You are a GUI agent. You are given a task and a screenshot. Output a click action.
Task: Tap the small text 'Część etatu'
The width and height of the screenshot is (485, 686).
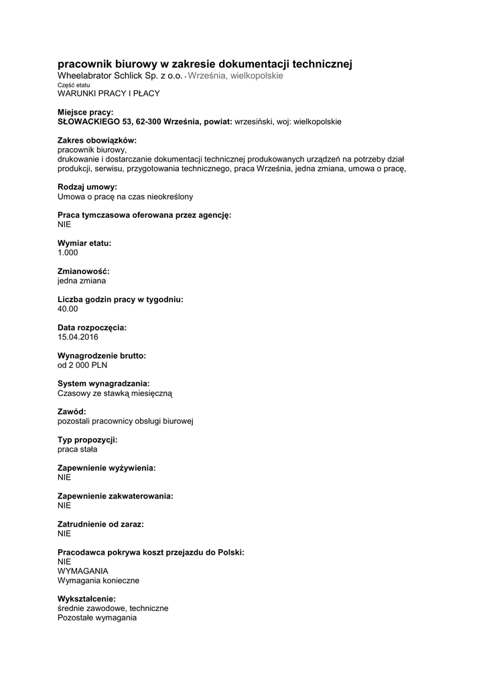point(74,85)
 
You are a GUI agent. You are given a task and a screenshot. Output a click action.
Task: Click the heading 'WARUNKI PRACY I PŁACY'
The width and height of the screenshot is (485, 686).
point(109,94)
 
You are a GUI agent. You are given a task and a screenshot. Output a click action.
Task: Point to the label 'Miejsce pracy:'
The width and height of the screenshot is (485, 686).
point(85,113)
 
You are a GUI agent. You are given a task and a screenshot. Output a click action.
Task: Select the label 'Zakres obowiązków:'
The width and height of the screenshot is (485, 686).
point(97,141)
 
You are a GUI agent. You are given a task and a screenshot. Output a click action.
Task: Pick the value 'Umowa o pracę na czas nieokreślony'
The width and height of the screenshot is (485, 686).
point(125,197)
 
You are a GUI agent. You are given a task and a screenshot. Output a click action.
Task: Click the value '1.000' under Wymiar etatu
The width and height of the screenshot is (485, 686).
point(68,253)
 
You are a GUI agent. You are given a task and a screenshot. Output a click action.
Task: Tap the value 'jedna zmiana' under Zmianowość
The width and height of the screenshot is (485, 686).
point(82,281)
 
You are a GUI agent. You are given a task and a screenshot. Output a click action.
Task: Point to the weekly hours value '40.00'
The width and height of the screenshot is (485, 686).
point(68,309)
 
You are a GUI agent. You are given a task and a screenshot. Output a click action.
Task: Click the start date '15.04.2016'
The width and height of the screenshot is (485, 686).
point(78,337)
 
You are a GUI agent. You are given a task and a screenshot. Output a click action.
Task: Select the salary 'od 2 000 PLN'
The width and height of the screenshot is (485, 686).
point(82,365)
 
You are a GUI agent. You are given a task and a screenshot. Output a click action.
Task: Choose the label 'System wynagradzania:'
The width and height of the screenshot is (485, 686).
point(104,383)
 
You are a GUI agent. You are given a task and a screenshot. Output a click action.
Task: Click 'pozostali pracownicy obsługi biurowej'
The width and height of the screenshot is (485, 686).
point(126,421)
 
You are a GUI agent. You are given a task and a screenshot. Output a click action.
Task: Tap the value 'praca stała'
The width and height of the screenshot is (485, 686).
point(78,450)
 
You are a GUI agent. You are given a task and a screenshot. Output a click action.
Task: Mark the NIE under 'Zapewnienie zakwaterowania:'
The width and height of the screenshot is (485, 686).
point(64,506)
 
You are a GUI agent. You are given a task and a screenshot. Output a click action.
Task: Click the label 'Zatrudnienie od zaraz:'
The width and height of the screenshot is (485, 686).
point(101,524)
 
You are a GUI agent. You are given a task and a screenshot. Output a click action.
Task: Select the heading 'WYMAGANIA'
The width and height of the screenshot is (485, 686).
point(83,571)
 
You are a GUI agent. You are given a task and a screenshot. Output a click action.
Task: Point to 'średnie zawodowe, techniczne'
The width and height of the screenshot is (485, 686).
point(113,608)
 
